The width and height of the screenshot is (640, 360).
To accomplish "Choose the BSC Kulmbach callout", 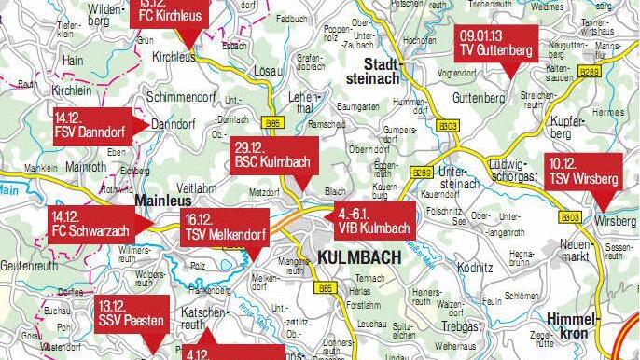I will click(275, 154).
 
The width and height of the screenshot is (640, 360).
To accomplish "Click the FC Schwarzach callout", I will click(89, 225).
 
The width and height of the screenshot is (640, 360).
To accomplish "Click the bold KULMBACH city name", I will click(359, 256).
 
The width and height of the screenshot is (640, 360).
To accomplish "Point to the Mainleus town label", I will click(163, 200).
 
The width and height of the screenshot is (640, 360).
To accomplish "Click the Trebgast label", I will click(463, 326).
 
